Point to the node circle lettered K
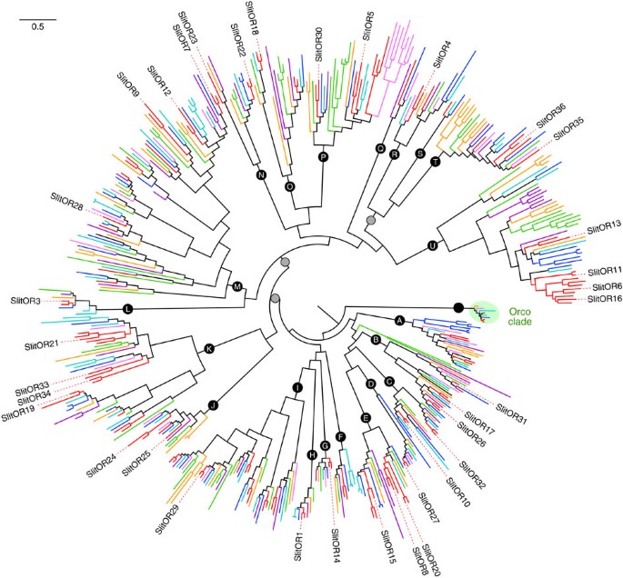pos(209,348)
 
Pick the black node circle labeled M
pos(237,287)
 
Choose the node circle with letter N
pos(261,175)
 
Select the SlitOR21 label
pos(42,346)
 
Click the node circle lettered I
pos(296,388)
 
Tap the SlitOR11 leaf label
pos(604,271)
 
